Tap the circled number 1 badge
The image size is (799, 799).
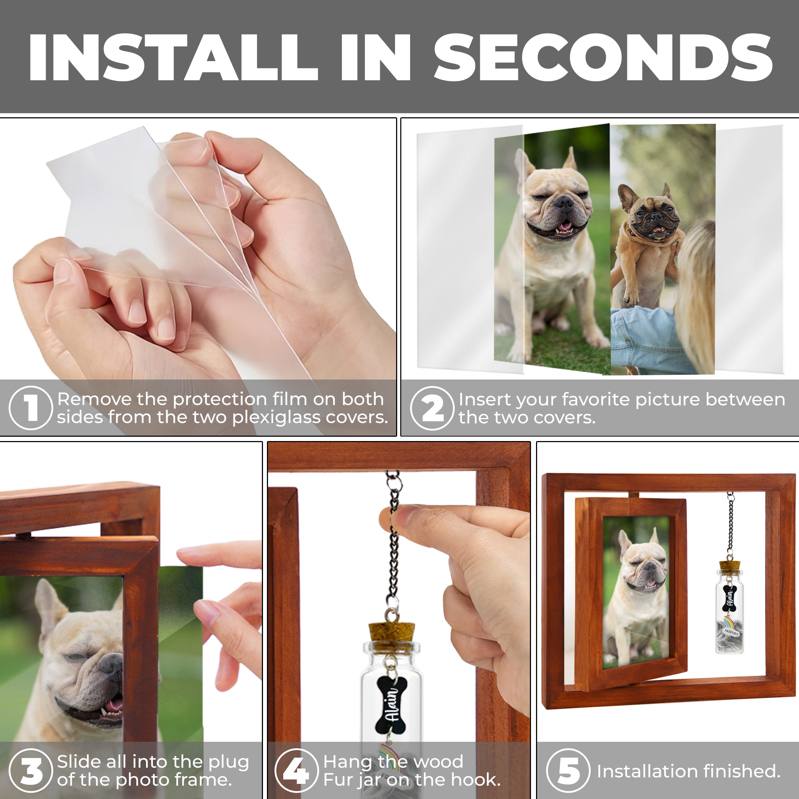[x=31, y=408]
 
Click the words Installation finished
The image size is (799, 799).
[x=688, y=771]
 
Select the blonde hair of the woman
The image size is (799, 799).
[x=697, y=290]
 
